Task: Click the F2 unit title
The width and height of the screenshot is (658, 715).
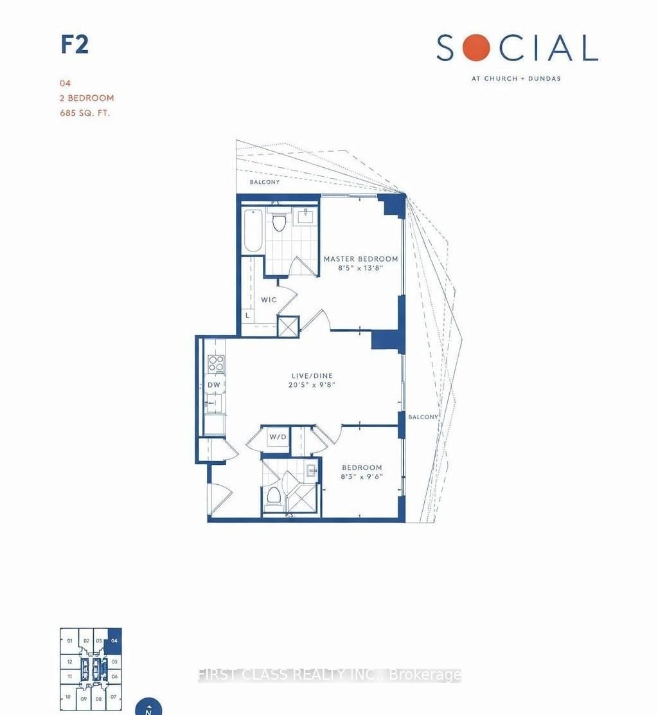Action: tap(75, 46)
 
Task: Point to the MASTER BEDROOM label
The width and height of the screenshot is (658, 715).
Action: tap(360, 259)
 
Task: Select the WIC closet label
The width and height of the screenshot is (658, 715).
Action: tap(269, 300)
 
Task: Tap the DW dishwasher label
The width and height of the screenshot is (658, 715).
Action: tap(213, 385)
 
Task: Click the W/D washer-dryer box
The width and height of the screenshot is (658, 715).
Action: tap(277, 438)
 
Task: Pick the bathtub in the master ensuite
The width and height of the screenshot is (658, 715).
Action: tap(253, 231)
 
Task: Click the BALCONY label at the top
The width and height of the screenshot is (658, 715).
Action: tap(265, 183)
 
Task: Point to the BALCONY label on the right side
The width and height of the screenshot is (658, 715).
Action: tap(422, 417)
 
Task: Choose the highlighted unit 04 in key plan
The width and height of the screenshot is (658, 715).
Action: tap(114, 640)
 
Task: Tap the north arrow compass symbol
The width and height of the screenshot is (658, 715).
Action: tap(148, 707)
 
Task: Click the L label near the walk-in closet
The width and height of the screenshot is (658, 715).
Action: tap(247, 316)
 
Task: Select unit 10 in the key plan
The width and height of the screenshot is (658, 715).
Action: tap(67, 696)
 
